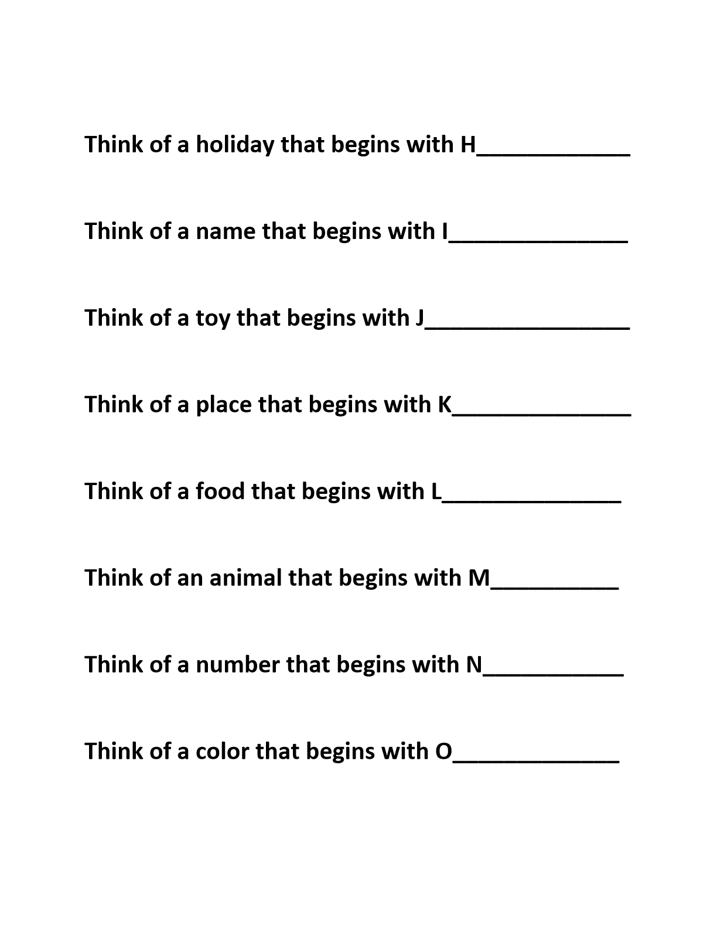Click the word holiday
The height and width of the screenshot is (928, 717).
click(x=234, y=145)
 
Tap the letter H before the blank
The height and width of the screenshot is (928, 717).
click(x=468, y=144)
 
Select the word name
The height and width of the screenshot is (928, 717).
click(x=226, y=231)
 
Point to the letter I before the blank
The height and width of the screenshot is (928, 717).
click(x=445, y=231)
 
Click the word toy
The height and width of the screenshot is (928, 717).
click(x=213, y=318)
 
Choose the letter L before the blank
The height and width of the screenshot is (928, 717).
click(x=436, y=491)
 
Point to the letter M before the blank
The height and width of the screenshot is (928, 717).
click(x=479, y=578)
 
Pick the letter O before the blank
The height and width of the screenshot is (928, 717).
click(x=444, y=751)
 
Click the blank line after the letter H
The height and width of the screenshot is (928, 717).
click(x=554, y=154)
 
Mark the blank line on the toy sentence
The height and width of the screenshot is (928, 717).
click(x=527, y=327)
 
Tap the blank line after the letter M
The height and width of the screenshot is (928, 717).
click(x=554, y=588)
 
